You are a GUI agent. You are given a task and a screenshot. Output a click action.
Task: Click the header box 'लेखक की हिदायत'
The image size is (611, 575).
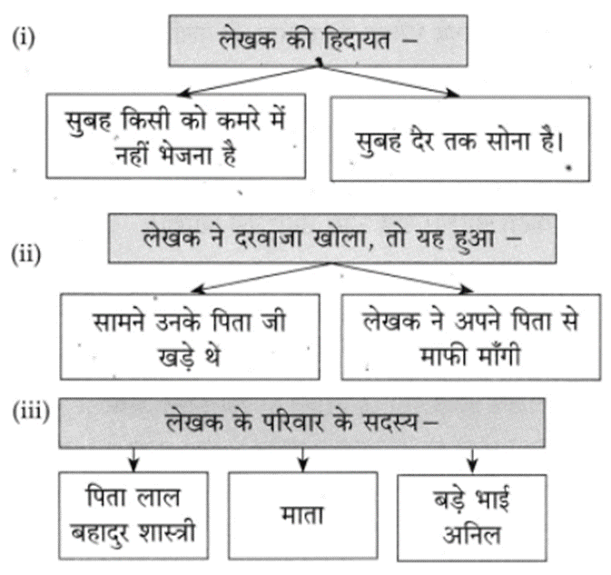pyautogui.click(x=318, y=41)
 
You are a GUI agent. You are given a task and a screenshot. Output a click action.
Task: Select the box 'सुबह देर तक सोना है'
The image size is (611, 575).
pyautogui.click(x=459, y=139)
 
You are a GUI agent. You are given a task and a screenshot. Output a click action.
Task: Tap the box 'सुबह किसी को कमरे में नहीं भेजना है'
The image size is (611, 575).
pyautogui.click(x=176, y=136)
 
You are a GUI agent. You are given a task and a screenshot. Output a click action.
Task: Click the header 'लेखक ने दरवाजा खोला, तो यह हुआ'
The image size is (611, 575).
pyautogui.click(x=332, y=238)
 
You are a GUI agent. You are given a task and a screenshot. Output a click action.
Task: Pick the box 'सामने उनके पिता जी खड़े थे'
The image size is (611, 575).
pyautogui.click(x=190, y=337)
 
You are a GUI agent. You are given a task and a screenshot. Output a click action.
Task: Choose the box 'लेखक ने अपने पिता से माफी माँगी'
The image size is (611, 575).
pyautogui.click(x=470, y=337)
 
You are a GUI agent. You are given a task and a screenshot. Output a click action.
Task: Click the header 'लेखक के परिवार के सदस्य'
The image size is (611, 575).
pyautogui.click(x=301, y=423)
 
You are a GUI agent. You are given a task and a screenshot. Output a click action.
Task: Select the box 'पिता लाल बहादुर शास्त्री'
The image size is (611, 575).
pyautogui.click(x=133, y=516)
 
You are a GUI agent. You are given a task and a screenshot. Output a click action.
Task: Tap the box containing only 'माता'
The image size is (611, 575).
pyautogui.click(x=302, y=516)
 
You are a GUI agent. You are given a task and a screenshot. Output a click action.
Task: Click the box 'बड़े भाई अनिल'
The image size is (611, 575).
pyautogui.click(x=472, y=518)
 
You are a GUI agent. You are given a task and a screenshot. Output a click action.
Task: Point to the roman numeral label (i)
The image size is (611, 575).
pyautogui.click(x=24, y=38)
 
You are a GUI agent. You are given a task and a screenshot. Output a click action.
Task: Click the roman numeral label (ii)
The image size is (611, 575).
pyautogui.click(x=26, y=254)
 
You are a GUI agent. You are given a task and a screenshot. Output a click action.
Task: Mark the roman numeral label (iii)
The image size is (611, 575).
pyautogui.click(x=31, y=411)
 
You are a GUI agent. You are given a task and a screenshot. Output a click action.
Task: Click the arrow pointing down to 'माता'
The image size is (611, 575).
pyautogui.click(x=302, y=460)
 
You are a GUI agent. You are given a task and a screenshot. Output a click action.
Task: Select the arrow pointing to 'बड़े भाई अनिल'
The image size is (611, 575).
pyautogui.click(x=472, y=461)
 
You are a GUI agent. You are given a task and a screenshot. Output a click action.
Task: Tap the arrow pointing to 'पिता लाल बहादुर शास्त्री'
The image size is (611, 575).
pyautogui.click(x=133, y=460)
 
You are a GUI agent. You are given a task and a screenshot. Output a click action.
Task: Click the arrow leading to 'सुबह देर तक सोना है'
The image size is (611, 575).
pyautogui.click(x=389, y=80)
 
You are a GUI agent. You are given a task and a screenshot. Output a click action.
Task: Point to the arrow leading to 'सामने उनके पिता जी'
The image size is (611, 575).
pyautogui.click(x=261, y=278)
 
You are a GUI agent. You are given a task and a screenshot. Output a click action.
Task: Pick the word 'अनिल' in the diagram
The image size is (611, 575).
pyautogui.click(x=471, y=534)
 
